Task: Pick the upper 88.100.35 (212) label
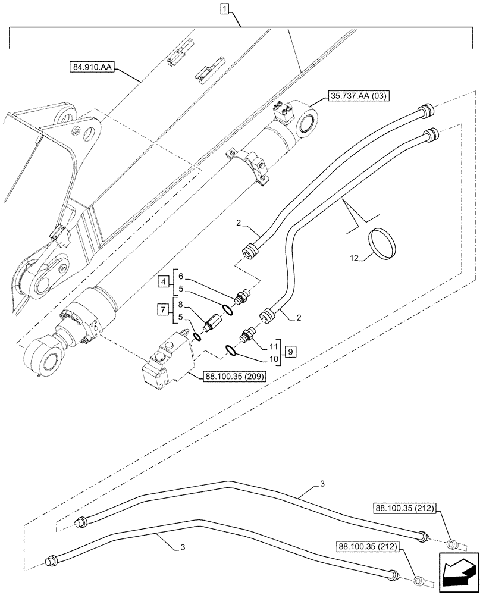(x=405, y=508)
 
